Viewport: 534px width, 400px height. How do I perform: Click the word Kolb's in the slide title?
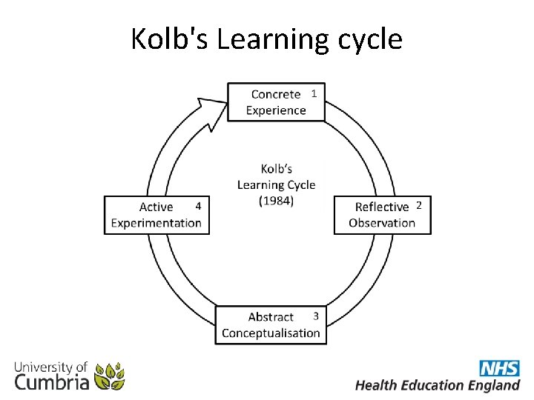(169, 39)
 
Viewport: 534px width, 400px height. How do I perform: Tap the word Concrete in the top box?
(276, 94)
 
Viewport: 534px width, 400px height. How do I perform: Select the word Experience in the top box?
(276, 110)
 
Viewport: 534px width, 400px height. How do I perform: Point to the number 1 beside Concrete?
(314, 93)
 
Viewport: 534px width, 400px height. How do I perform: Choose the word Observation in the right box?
(382, 223)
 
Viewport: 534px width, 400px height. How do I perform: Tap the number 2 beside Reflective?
(418, 204)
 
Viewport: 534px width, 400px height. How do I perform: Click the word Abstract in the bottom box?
(271, 317)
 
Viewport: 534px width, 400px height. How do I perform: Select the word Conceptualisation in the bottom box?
(271, 333)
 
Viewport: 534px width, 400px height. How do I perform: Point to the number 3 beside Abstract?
(316, 316)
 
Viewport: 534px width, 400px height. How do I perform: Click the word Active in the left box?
(156, 207)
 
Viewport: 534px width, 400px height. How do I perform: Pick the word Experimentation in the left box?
(156, 223)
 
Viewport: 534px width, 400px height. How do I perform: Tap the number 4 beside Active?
(198, 204)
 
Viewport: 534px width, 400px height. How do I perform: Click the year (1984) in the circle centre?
(276, 201)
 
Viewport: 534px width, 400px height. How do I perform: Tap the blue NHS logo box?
(499, 368)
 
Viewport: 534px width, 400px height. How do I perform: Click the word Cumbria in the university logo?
(52, 382)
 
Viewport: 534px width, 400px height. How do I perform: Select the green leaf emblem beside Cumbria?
(110, 376)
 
